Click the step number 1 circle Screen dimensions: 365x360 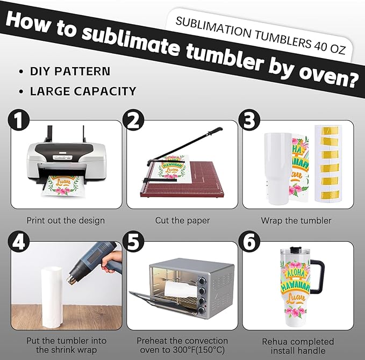tap(19, 120)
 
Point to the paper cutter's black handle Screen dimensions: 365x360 tap(216, 131)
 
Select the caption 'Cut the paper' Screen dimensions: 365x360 tap(182, 220)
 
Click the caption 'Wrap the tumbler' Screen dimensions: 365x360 tap(296, 220)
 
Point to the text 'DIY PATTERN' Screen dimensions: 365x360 tap(70, 71)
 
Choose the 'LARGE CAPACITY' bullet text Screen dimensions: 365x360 tap(83, 91)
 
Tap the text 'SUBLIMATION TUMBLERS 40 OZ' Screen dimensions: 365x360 tap(260, 35)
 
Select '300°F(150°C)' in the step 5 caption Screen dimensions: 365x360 tap(198, 350)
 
